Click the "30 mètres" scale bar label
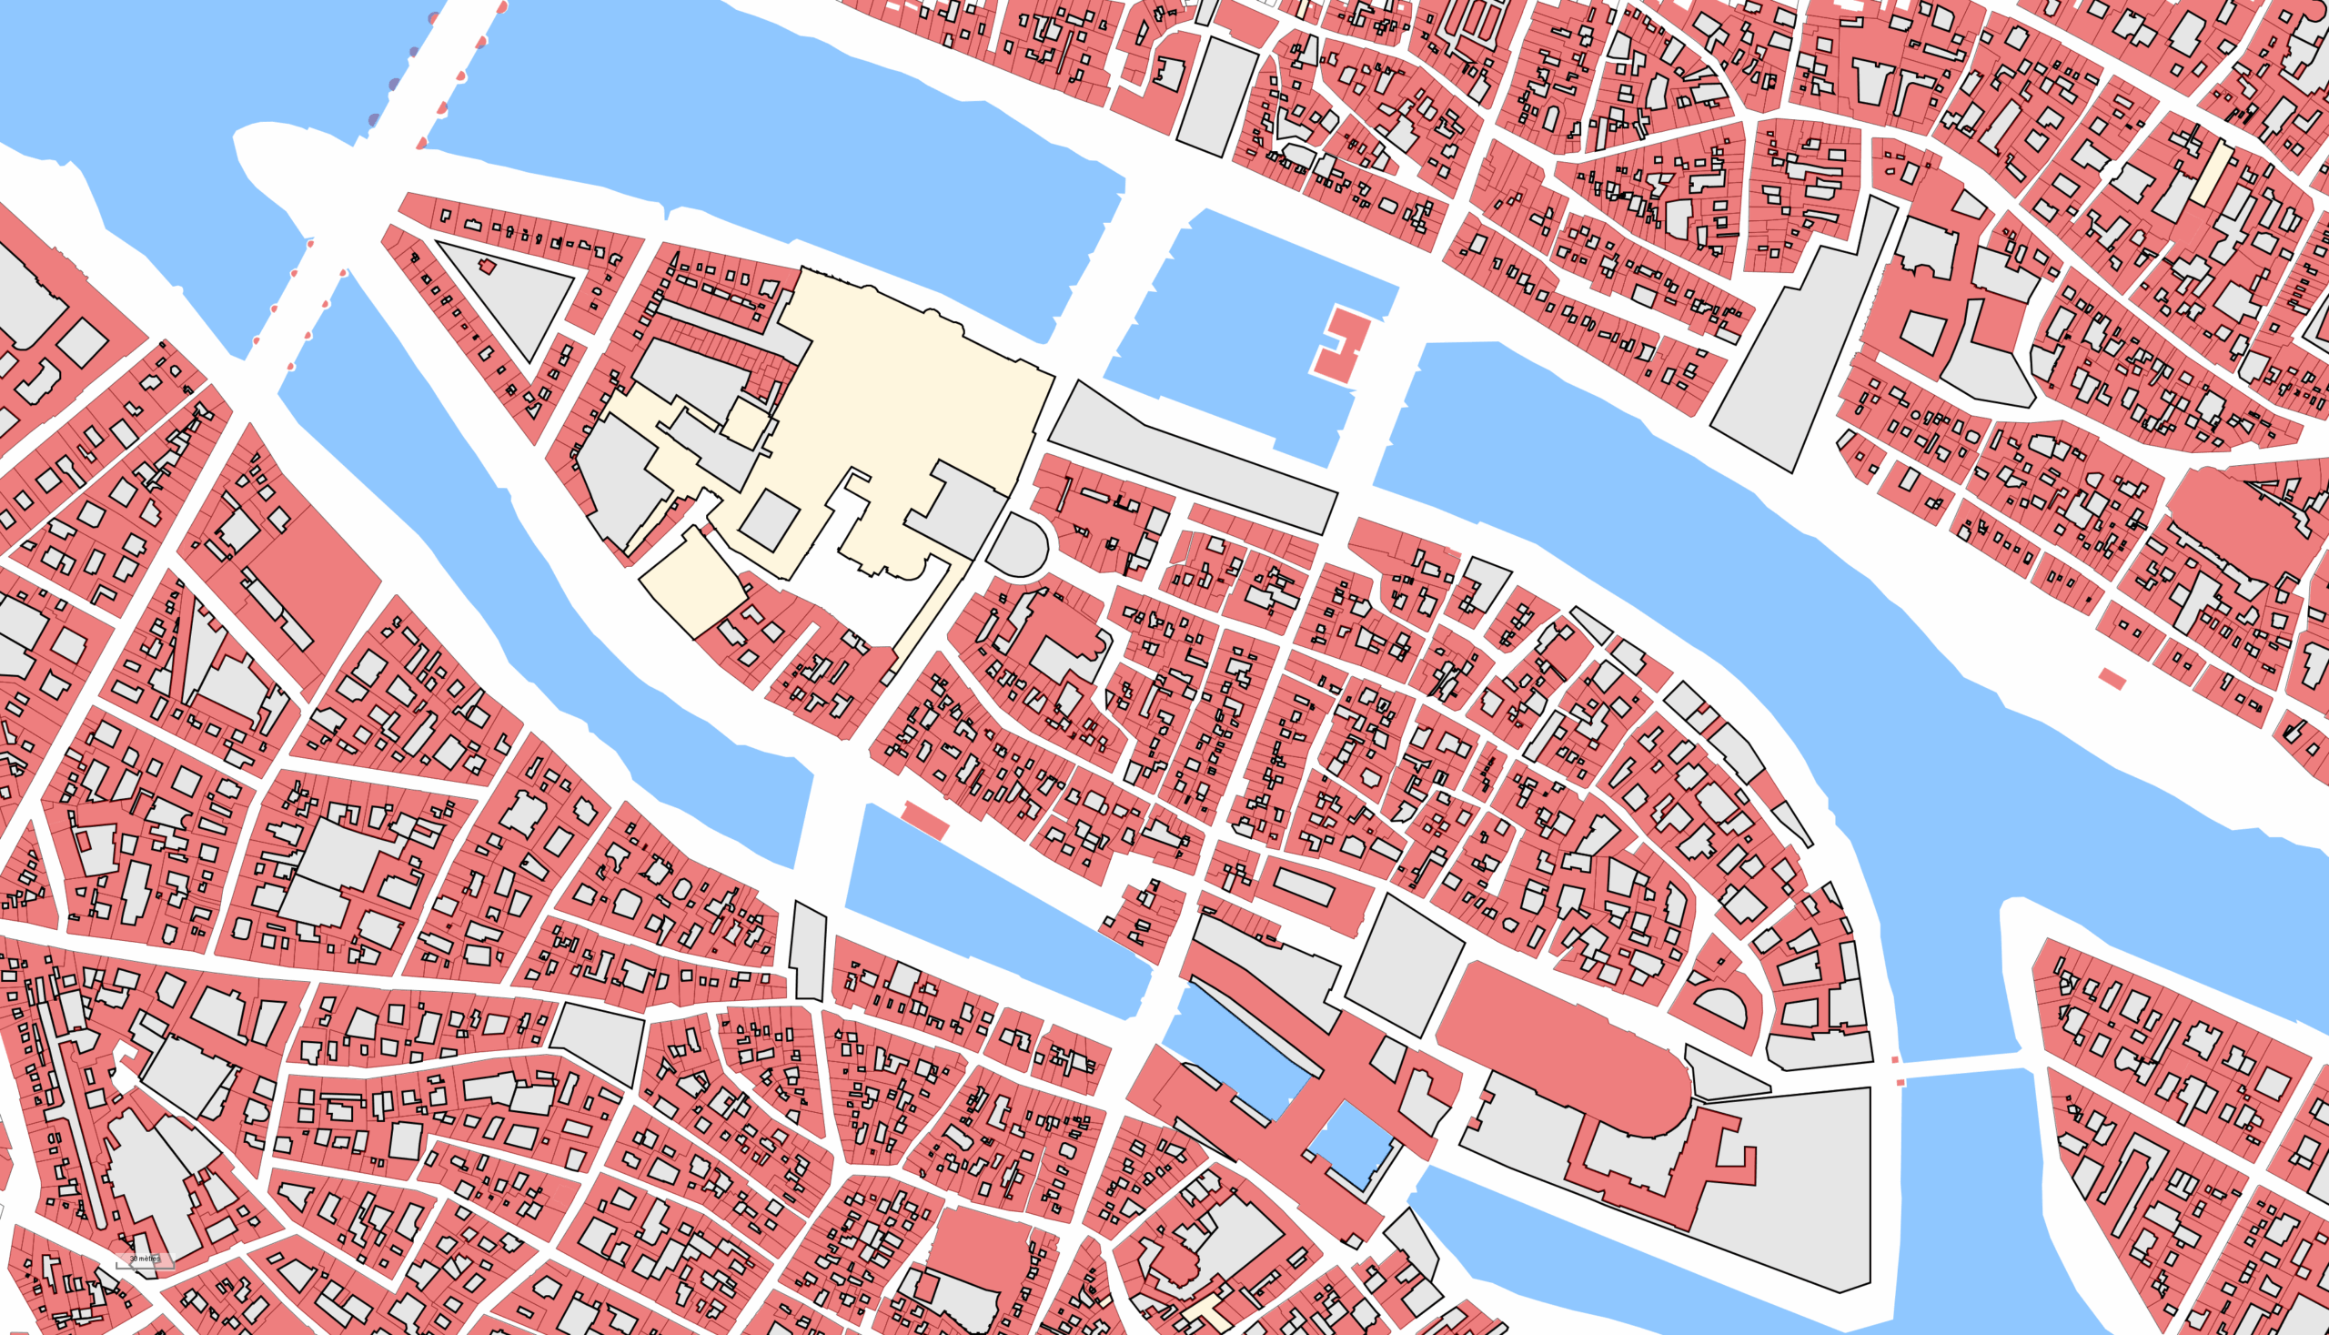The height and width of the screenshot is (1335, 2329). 145,1259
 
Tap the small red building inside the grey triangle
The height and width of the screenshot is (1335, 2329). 487,267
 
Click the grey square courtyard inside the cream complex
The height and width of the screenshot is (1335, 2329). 769,521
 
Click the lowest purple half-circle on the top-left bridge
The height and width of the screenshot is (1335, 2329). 374,120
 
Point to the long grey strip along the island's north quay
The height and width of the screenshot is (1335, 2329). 1192,455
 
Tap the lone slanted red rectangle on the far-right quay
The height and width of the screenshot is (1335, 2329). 2112,680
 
